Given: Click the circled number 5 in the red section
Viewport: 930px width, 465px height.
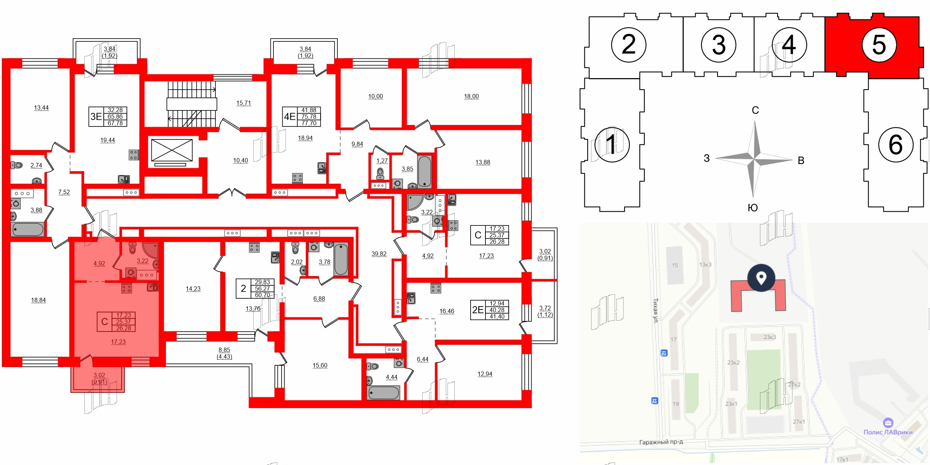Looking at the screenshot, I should [x=879, y=45].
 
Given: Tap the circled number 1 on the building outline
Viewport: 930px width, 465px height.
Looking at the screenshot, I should [x=612, y=144].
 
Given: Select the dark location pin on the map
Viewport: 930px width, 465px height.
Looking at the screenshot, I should [x=761, y=278].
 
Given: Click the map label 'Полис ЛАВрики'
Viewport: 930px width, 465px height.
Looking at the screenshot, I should [x=888, y=432].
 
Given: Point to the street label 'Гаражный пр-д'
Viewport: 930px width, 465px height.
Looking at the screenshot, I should [x=661, y=442].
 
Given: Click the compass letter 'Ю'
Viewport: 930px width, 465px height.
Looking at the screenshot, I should [x=753, y=208].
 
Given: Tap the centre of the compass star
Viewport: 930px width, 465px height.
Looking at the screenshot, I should [x=754, y=159].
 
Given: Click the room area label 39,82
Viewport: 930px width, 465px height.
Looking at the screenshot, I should [x=379, y=254].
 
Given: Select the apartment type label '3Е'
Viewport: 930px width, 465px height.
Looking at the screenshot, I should [x=96, y=116].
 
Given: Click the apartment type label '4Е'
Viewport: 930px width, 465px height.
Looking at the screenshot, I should [x=290, y=116].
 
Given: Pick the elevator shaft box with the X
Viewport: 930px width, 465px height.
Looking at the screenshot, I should [x=172, y=150].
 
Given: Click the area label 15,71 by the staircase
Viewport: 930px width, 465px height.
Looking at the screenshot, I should [x=244, y=103].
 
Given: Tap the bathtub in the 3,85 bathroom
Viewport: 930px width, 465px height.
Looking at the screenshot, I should [x=424, y=171].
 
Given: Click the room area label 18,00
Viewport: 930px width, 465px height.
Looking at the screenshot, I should [x=471, y=96].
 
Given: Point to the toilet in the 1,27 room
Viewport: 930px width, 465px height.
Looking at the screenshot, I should [x=380, y=173].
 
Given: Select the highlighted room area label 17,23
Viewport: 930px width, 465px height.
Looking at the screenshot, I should [x=118, y=342].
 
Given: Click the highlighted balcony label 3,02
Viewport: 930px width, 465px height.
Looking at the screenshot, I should [x=99, y=375].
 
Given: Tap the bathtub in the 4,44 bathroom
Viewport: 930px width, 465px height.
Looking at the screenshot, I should [x=384, y=392].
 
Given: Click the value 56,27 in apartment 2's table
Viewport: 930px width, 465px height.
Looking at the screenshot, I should [x=262, y=289].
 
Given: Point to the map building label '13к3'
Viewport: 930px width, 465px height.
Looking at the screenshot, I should [x=705, y=264].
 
